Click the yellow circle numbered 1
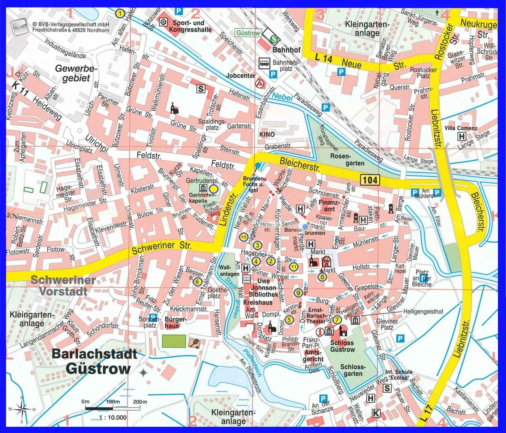120,13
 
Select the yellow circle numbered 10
243,237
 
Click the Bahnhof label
286,49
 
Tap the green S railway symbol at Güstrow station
275,38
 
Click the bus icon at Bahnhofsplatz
264,63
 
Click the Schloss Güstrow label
342,346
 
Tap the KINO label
267,134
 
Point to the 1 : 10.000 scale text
113,417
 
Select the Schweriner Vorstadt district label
63,286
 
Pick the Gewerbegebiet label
76,73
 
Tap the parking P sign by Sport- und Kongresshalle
180,11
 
